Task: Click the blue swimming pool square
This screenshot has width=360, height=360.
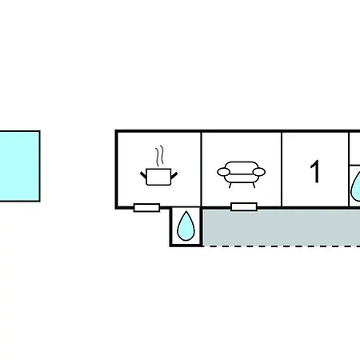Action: [19, 166]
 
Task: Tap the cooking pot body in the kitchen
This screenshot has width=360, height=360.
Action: [158, 177]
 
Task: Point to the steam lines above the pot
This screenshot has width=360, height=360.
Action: [159, 156]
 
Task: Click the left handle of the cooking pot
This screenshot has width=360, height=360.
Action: [143, 175]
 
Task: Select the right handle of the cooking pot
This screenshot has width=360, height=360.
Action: [174, 175]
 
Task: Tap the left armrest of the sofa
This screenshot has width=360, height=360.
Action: [223, 172]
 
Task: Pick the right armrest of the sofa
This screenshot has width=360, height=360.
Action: [259, 172]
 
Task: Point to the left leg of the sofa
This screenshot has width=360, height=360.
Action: [230, 185]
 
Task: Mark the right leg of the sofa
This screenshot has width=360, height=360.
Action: [254, 185]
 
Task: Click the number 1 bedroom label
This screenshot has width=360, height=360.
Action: [315, 171]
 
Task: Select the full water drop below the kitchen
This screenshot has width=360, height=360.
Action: [186, 226]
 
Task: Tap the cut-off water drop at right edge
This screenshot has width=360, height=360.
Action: [356, 186]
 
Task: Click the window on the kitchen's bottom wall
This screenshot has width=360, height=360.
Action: [146, 207]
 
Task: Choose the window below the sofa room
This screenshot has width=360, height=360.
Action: [244, 206]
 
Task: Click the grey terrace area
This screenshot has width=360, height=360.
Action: [282, 227]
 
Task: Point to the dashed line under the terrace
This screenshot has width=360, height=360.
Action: [282, 246]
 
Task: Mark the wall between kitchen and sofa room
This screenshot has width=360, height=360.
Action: [202, 169]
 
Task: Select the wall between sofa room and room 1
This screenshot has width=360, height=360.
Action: [282, 169]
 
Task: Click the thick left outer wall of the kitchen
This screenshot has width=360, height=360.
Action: [116, 170]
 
